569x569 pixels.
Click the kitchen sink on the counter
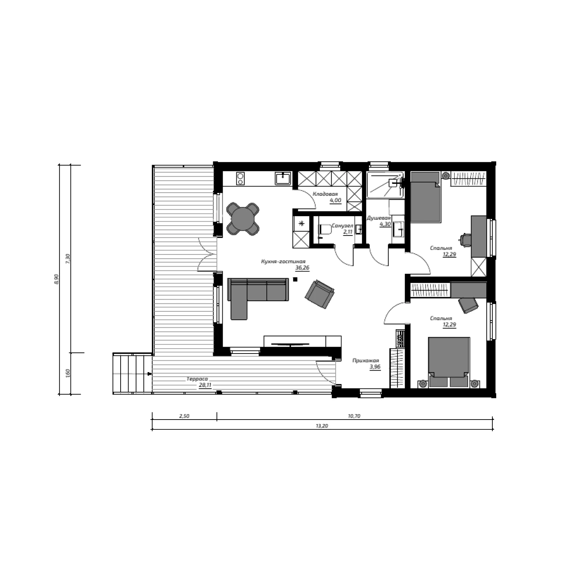coord(283,178)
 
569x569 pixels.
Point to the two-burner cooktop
coord(240,178)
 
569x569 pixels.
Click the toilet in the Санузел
coord(325,229)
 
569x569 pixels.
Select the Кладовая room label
coord(325,194)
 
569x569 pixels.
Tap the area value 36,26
coord(302,268)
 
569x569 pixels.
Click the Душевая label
coord(379,218)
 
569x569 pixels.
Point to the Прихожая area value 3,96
coord(375,367)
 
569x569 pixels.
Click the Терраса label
coord(197,379)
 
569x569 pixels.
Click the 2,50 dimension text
coord(184,416)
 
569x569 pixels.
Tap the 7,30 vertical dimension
coord(68,258)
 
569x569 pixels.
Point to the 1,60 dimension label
coord(68,373)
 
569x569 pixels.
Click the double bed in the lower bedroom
coord(449,362)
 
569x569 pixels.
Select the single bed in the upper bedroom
coord(425,196)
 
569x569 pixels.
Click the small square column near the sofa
coord(295,280)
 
